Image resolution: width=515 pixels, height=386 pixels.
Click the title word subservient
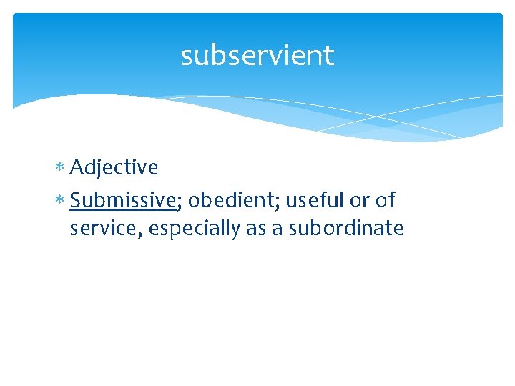257,55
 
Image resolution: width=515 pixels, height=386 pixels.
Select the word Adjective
114,168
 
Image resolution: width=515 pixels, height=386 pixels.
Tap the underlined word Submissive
122,202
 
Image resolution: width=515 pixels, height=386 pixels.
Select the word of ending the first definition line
386,202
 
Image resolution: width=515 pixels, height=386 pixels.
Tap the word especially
190,229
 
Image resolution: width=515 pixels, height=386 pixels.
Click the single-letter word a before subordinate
276,229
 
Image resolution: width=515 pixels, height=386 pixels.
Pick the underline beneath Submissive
122,211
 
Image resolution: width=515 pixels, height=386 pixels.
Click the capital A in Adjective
77,167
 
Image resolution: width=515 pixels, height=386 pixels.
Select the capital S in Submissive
76,202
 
